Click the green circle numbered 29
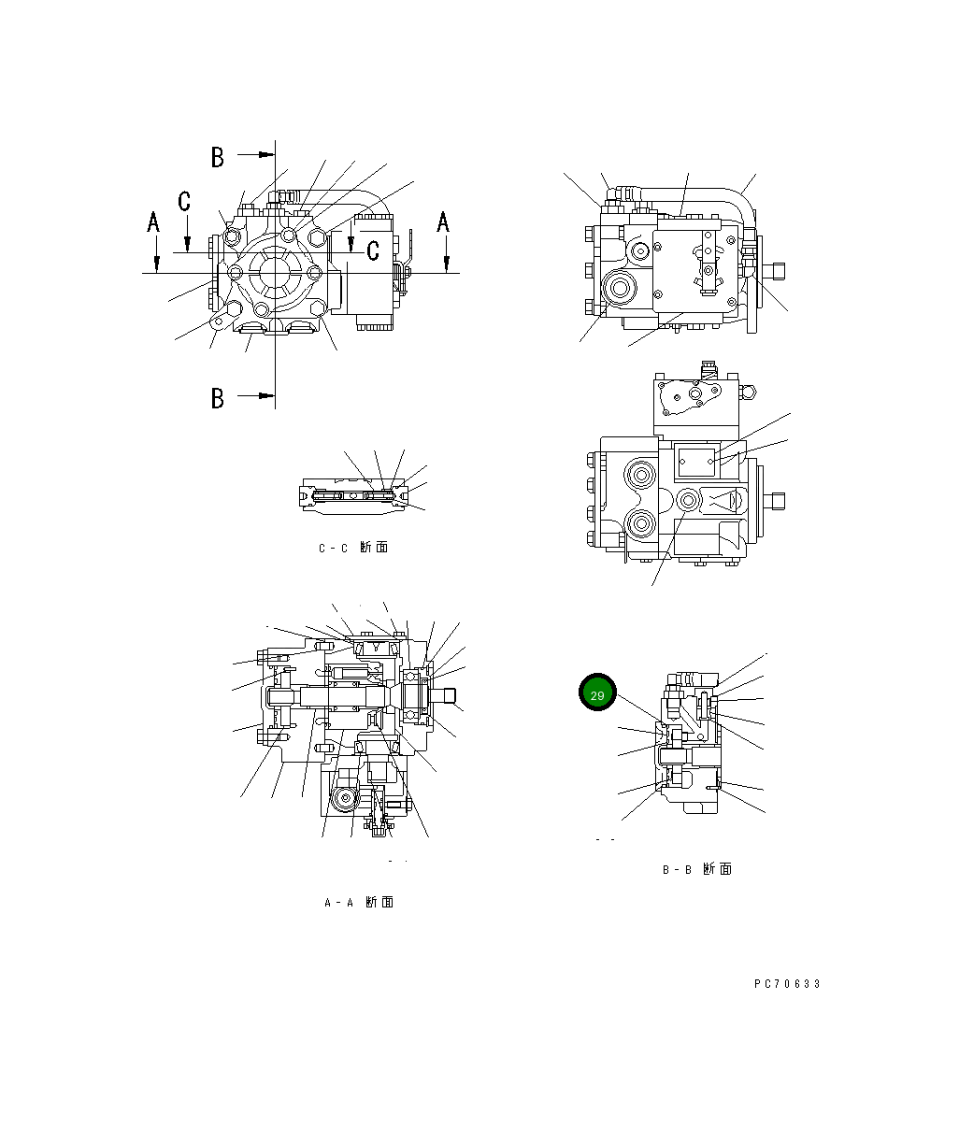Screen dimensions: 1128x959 click(597, 693)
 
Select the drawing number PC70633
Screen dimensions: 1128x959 click(787, 984)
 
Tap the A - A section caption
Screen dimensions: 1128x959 click(358, 903)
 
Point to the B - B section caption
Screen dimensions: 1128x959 click(696, 869)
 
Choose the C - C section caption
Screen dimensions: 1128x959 click(352, 548)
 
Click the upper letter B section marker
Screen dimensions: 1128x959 click(218, 157)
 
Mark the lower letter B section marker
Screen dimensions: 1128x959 click(218, 398)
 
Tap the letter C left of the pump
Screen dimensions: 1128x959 click(185, 200)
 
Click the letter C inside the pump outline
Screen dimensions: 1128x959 click(372, 250)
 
